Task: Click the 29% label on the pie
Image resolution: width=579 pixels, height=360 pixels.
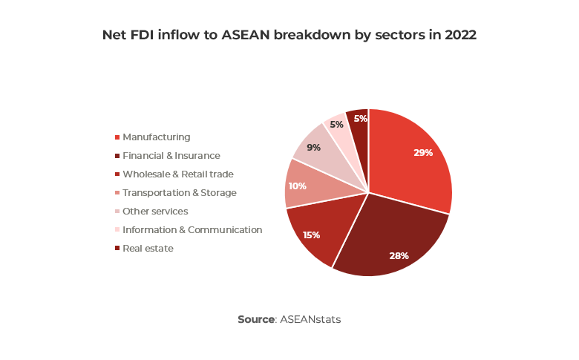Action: [x=423, y=152]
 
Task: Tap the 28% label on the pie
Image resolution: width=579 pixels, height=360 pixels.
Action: [x=399, y=255]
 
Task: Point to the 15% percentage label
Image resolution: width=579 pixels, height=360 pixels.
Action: [x=311, y=235]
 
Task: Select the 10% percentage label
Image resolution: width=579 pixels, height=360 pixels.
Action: [x=297, y=186]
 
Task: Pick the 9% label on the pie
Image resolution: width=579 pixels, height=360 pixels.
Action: [x=313, y=148]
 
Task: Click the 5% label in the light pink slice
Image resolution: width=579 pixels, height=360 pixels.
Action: [x=336, y=125]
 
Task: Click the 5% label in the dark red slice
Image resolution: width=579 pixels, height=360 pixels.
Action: [x=360, y=119]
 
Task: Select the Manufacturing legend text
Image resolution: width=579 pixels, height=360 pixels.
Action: [x=157, y=137]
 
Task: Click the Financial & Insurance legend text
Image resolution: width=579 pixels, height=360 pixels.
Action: [x=171, y=156]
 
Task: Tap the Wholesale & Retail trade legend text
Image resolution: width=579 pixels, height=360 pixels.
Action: [x=178, y=174]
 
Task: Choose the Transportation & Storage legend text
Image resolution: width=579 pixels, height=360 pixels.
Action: [x=180, y=193]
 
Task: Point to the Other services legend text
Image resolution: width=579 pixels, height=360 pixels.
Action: [x=155, y=212]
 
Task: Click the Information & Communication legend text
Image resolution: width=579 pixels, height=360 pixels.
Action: [x=192, y=230]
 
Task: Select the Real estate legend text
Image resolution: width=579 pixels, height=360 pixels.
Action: [x=148, y=249]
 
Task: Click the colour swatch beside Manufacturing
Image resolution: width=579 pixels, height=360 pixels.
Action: [x=117, y=137]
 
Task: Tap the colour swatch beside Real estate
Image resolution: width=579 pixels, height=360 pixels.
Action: [x=117, y=249]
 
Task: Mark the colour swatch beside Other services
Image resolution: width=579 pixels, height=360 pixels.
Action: [x=117, y=212]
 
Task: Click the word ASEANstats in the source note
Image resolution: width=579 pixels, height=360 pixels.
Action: [x=310, y=319]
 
